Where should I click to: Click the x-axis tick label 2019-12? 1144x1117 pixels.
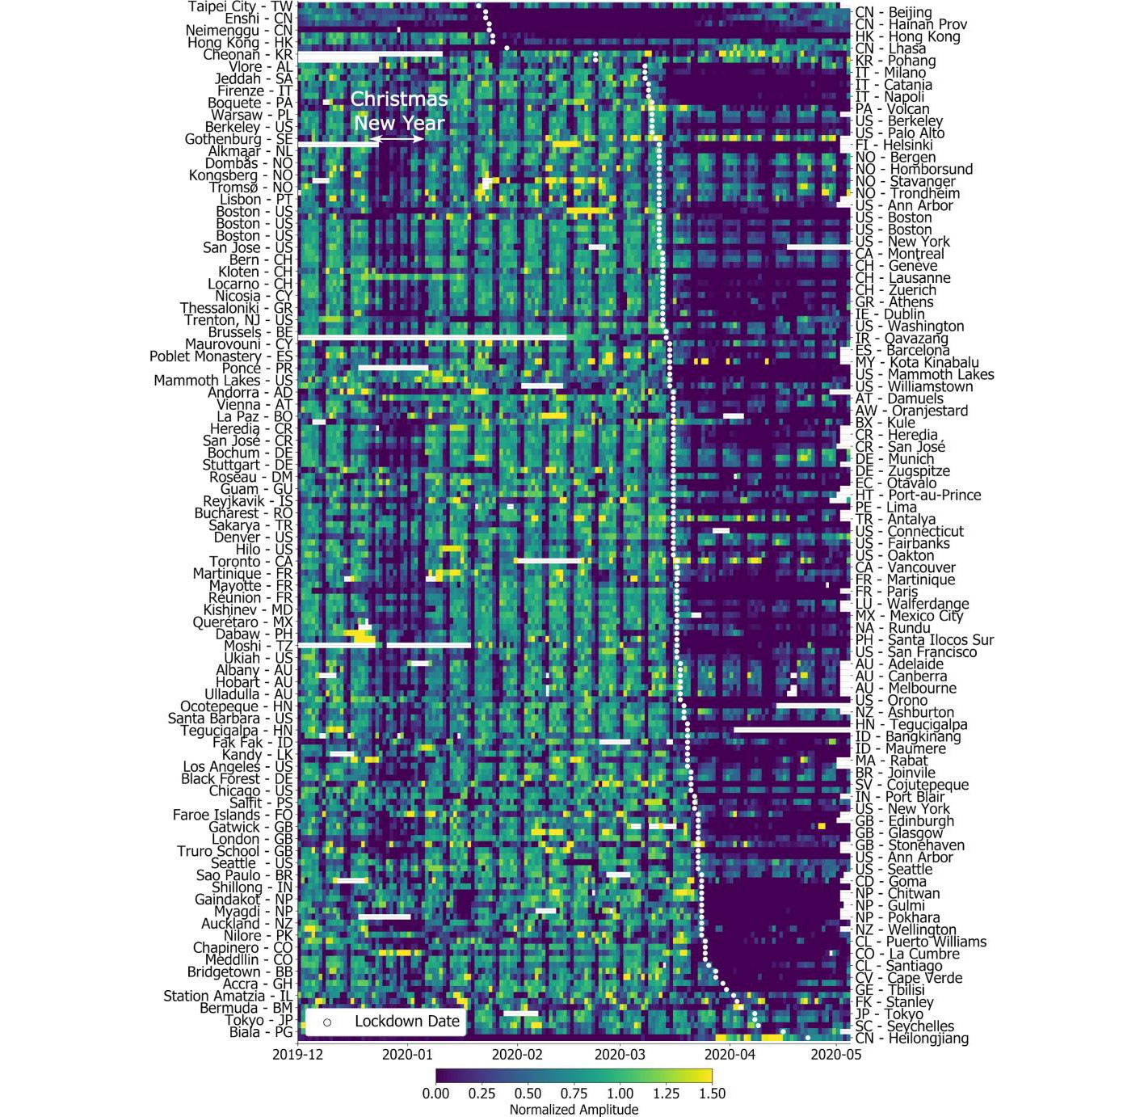[x=297, y=1054]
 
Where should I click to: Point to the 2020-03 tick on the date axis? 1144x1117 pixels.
[x=620, y=1054]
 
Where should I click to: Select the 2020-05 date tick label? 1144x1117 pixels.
[x=836, y=1054]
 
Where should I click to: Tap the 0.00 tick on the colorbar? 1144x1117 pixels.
[x=435, y=1094]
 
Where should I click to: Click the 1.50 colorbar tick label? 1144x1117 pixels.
[x=711, y=1094]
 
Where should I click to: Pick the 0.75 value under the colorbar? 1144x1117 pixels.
[x=574, y=1094]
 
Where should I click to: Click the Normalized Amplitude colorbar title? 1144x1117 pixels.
[x=574, y=1110]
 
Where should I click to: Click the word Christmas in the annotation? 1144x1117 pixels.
[x=399, y=99]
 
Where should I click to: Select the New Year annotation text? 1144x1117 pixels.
[x=399, y=124]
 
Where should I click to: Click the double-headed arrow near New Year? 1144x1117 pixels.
[x=397, y=139]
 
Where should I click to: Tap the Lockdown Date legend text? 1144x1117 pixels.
[x=407, y=1022]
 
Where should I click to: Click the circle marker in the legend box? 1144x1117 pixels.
[x=327, y=1022]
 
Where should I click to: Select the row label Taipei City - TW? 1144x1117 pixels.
[x=240, y=6]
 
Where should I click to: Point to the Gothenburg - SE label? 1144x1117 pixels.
[x=238, y=139]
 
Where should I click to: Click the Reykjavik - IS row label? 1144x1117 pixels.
[x=244, y=501]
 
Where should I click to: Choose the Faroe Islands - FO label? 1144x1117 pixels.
[x=233, y=815]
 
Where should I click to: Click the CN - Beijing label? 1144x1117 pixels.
[x=894, y=12]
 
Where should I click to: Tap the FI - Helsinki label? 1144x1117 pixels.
[x=894, y=145]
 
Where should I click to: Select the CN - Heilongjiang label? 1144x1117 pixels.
[x=912, y=1039]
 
